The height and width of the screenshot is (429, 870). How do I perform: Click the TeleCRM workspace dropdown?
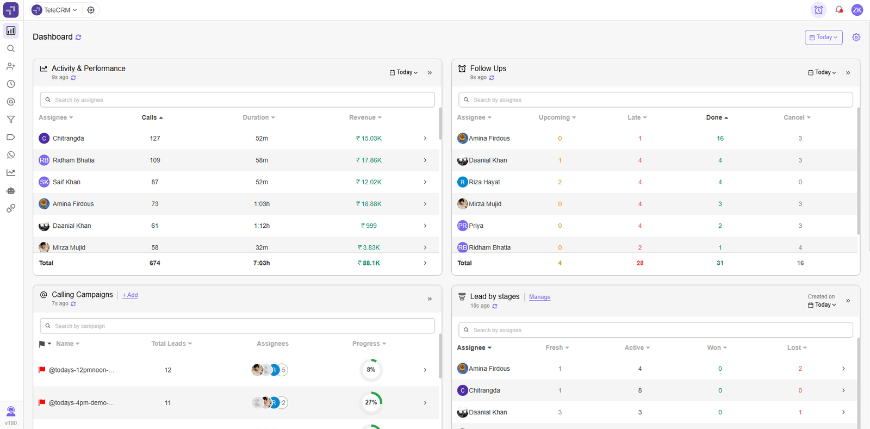(x=55, y=10)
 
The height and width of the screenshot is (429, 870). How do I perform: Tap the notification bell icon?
(x=839, y=10)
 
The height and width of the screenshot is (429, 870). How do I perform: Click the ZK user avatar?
(x=857, y=10)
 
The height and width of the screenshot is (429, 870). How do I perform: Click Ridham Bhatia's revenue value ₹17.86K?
(x=369, y=160)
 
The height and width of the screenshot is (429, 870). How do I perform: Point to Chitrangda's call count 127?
(x=155, y=139)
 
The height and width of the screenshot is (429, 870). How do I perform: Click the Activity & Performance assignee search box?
(x=238, y=100)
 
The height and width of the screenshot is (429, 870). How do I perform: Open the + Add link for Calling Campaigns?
(x=130, y=295)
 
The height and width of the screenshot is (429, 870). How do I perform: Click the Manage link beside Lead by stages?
(x=539, y=297)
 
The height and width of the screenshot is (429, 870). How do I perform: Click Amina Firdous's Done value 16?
(x=720, y=139)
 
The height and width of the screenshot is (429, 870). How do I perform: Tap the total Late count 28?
(x=640, y=263)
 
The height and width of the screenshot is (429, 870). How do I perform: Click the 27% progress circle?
(x=371, y=402)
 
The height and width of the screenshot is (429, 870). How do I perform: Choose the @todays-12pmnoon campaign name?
(x=82, y=370)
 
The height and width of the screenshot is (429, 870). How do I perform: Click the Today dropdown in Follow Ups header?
(x=822, y=72)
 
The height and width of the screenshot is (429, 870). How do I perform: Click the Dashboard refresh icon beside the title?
(x=78, y=38)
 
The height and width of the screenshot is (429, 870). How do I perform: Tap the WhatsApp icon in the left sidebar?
(x=11, y=155)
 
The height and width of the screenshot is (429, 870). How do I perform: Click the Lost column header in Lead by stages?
(x=797, y=348)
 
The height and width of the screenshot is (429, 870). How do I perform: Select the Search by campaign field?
(x=238, y=326)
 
